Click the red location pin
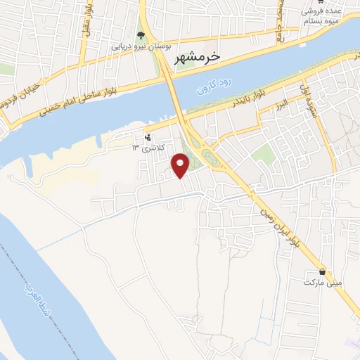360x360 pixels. (181, 165)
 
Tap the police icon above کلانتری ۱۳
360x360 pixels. (148, 137)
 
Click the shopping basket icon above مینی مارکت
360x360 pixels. (322, 272)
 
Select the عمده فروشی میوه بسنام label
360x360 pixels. (323, 17)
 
